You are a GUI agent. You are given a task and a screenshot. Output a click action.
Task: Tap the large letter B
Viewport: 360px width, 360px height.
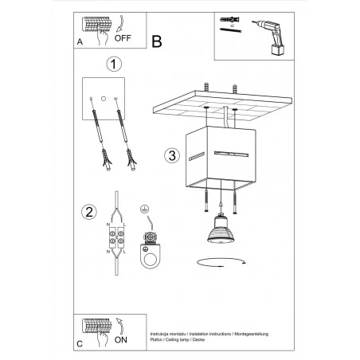(156, 40)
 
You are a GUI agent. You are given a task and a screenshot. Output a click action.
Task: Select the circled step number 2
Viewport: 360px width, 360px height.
(90, 212)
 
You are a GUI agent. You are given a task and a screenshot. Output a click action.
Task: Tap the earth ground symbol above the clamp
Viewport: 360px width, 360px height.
(145, 209)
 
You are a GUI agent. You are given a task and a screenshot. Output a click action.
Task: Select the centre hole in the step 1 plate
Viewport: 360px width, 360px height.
(104, 96)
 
